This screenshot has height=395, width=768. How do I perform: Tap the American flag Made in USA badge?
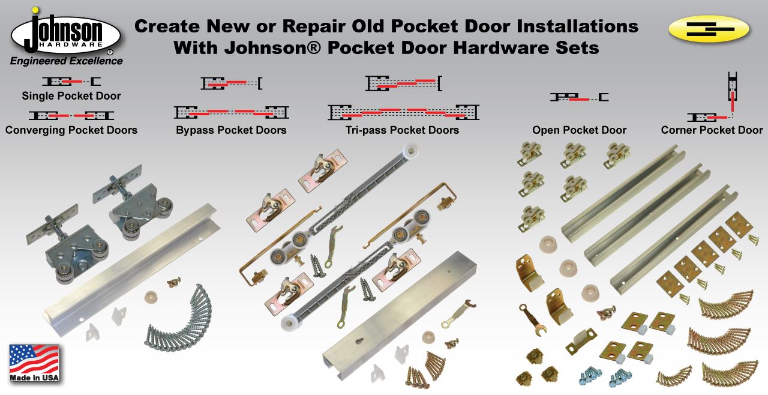[34, 363]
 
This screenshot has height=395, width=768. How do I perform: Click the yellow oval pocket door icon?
[708, 29]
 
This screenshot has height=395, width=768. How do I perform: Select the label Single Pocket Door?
[71, 96]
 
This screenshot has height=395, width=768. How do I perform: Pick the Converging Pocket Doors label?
[71, 130]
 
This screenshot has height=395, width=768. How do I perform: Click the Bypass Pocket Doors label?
[231, 130]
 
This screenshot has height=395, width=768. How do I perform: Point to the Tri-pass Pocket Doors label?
[402, 130]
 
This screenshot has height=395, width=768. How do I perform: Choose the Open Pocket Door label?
[579, 130]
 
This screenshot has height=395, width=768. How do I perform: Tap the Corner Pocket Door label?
[712, 130]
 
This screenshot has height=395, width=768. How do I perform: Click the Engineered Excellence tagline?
[66, 61]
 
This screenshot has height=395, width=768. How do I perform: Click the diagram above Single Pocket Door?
[71, 81]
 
